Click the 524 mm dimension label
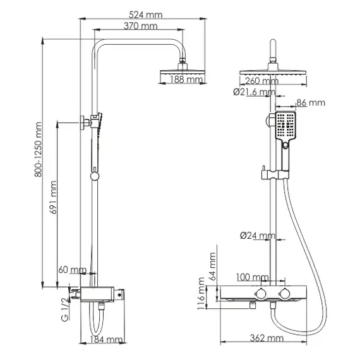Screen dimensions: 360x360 pyautogui.click(x=143, y=15)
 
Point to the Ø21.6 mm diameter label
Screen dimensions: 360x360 pyautogui.click(x=254, y=92)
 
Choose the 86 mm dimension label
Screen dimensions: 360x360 pyautogui.click(x=310, y=102)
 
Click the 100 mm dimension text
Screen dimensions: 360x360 pyautogui.click(x=251, y=277)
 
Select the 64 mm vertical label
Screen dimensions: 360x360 pyautogui.click(x=213, y=265)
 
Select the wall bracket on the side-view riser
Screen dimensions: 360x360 pyautogui.click(x=83, y=122)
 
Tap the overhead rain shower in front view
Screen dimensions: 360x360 pyautogui.click(x=272, y=70)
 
